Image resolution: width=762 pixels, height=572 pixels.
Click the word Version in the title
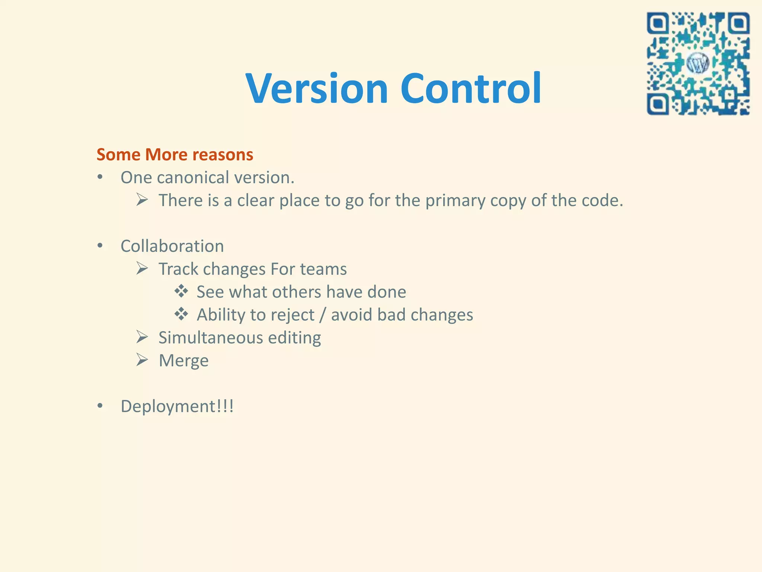coord(317,89)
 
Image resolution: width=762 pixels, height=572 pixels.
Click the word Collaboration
coord(172,246)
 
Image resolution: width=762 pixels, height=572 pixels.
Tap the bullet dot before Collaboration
coord(100,246)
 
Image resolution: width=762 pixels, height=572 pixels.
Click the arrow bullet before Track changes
coord(142,268)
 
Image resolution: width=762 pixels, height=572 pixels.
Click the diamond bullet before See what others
coord(181,291)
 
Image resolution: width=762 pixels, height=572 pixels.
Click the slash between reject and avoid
coord(323,315)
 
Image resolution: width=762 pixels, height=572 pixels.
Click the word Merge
coord(183,360)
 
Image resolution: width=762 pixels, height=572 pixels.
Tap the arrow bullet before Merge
coord(142,360)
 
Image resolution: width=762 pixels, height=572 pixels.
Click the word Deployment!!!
coord(177,406)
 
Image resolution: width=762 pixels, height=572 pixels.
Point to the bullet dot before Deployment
coord(100,406)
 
